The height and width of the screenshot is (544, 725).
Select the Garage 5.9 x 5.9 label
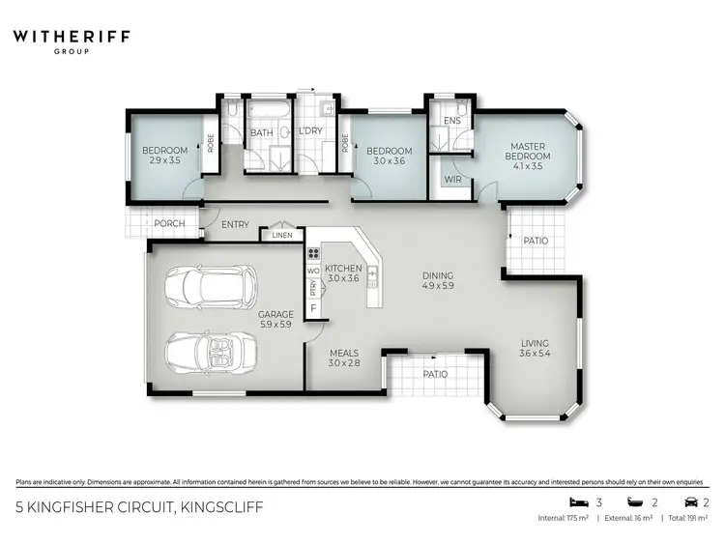(x=275, y=319)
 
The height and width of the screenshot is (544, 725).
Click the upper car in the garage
(x=211, y=284)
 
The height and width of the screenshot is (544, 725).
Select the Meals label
(x=344, y=358)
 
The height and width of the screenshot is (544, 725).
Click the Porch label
(x=170, y=224)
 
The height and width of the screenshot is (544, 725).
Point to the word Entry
(x=235, y=225)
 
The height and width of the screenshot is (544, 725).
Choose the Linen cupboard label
(x=281, y=235)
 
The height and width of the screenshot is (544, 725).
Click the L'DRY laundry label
(x=310, y=132)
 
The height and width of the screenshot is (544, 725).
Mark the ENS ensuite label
(x=451, y=121)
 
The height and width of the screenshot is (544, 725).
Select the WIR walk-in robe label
(x=451, y=180)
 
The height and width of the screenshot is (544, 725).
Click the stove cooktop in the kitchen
(x=313, y=254)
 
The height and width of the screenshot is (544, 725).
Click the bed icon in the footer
(x=576, y=502)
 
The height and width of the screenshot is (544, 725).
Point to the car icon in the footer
(x=691, y=502)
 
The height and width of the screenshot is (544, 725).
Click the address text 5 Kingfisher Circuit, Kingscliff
(x=140, y=506)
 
